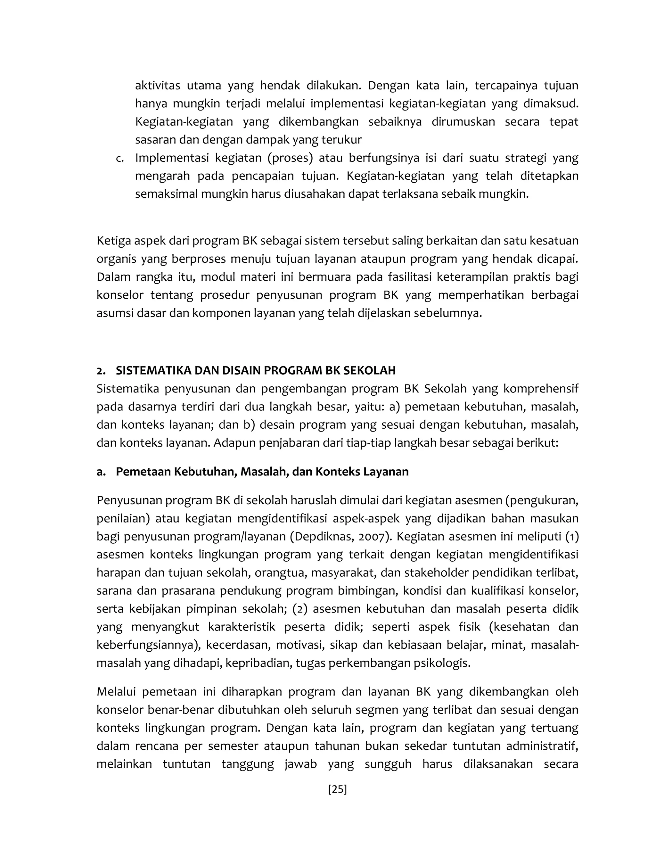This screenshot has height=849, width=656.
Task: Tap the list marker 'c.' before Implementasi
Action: [120, 159]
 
